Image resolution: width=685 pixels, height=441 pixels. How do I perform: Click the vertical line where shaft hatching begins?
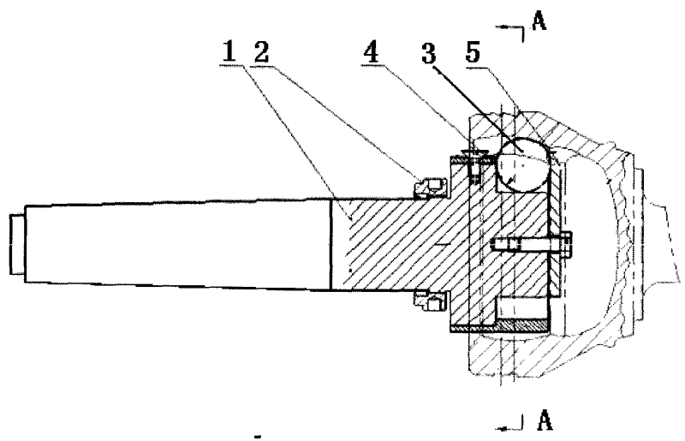(331, 243)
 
